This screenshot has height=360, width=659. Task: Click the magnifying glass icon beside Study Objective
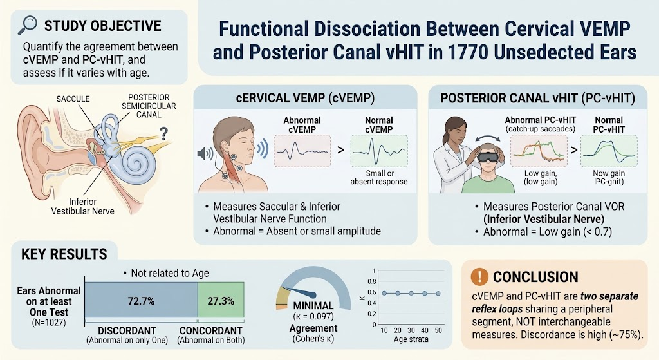[x=27, y=25]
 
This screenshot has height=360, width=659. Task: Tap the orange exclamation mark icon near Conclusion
[x=479, y=276]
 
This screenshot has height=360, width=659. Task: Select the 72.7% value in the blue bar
[x=141, y=301]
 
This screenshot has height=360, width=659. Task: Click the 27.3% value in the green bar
[x=221, y=301]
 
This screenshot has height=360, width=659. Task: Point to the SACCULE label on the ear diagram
[x=73, y=99]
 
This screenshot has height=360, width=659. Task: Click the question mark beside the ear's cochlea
[x=163, y=134]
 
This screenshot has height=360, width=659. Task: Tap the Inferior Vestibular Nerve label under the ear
[x=83, y=206]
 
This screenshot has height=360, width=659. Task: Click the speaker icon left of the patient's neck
[x=205, y=153]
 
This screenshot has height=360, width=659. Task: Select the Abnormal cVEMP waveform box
[x=302, y=151]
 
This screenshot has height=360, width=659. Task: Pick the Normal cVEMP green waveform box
[x=379, y=151]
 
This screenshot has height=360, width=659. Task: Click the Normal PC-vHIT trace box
[x=609, y=151]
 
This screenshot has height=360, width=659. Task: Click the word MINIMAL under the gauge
[x=313, y=306]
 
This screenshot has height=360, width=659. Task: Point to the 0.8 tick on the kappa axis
[x=372, y=281]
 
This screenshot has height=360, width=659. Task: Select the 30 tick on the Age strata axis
[x=411, y=330]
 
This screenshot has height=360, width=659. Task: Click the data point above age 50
[x=438, y=293]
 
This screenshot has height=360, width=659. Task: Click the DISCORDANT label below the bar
[x=127, y=330]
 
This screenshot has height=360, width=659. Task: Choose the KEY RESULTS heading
[x=64, y=254]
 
